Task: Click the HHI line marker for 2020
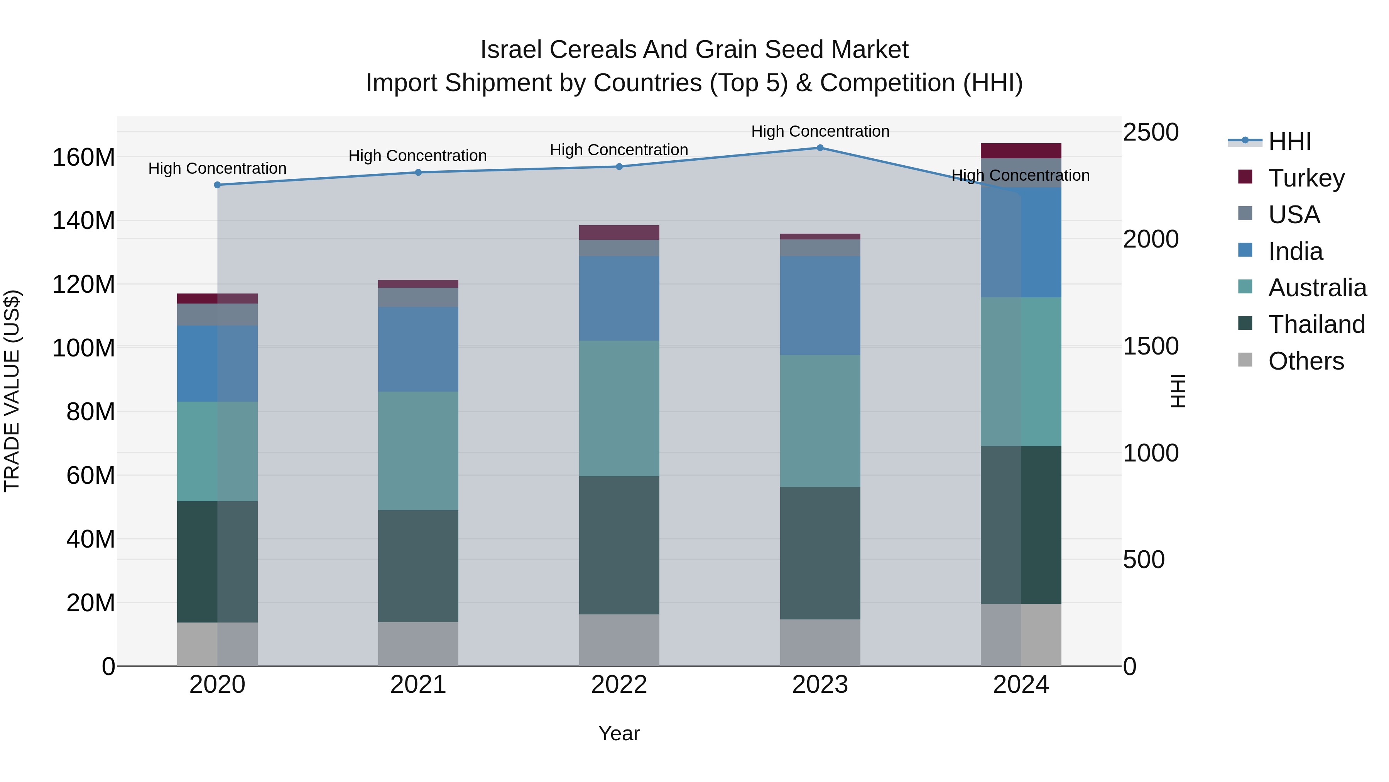pos(217,185)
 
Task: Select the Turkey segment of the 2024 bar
pos(1021,151)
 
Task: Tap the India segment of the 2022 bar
pos(619,299)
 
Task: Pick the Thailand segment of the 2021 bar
pos(418,566)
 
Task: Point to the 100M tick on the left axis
pos(84,348)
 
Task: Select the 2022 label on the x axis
pos(619,685)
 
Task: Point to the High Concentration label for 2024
pos(1020,175)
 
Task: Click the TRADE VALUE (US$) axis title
pos(12,391)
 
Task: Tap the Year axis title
pos(619,733)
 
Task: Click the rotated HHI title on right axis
pos(1179,391)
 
